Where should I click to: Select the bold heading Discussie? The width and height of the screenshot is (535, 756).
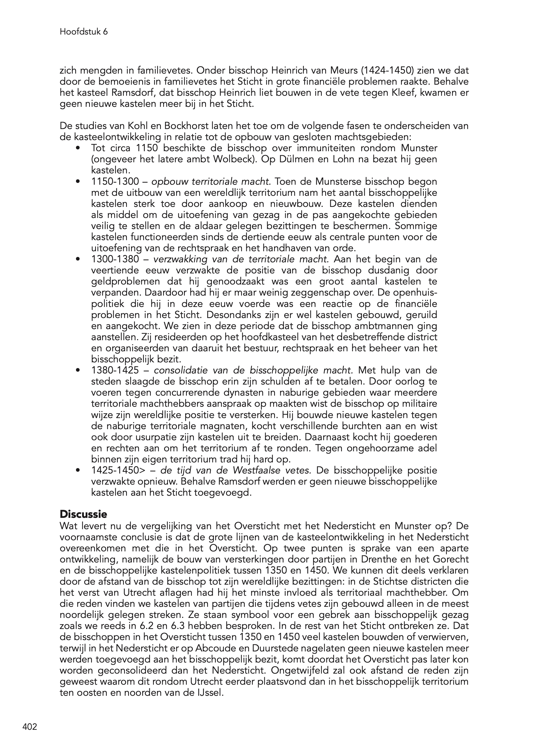click(x=83, y=514)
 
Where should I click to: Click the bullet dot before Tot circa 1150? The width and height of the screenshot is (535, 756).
click(x=78, y=148)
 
